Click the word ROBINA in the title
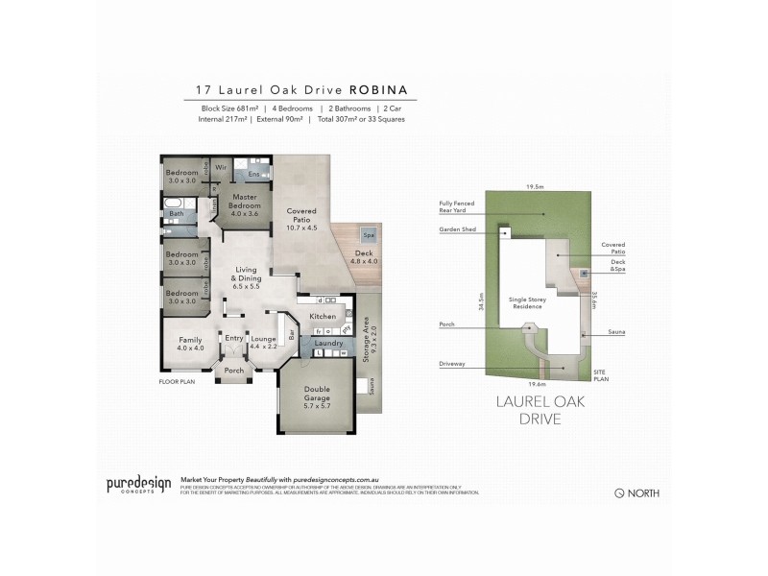point(379,89)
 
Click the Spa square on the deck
point(369,235)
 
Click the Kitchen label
point(322,316)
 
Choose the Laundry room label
point(328,343)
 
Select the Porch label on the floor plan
point(233,371)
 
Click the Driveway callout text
point(454,365)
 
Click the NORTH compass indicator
point(636,492)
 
